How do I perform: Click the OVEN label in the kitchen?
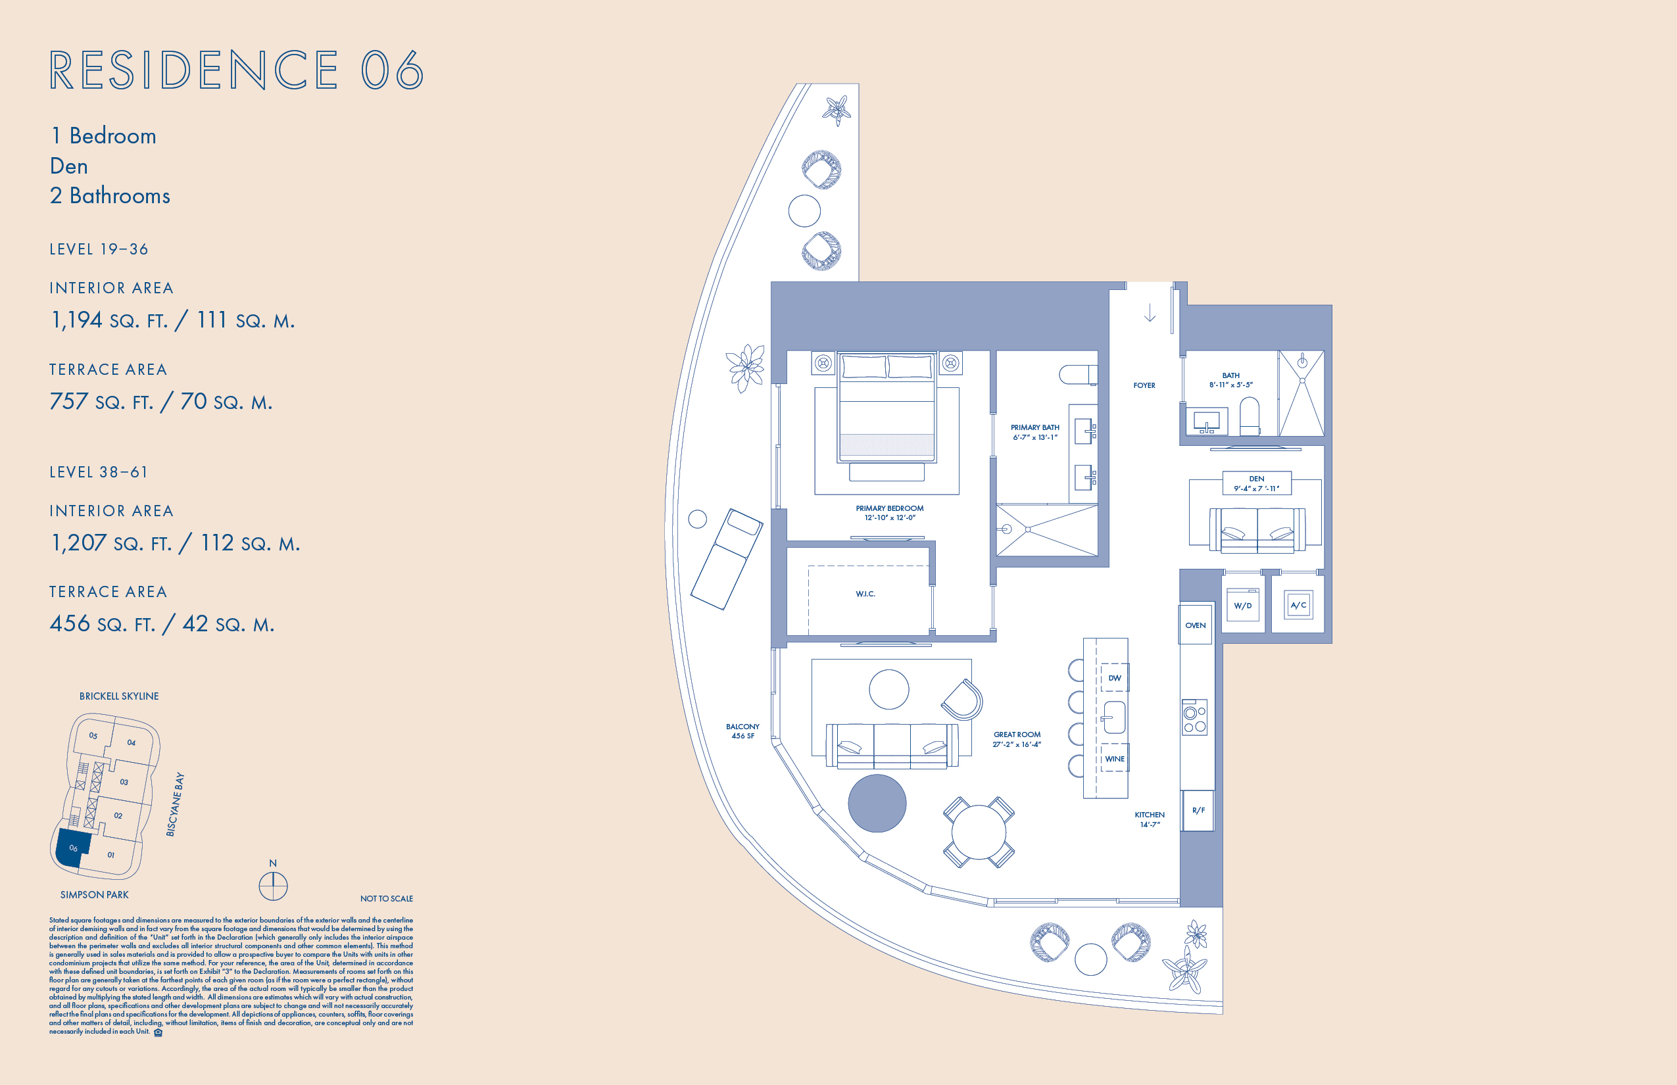(1195, 625)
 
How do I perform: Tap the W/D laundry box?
(1243, 605)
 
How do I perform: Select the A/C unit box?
(1298, 605)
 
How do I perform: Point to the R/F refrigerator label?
(1198, 810)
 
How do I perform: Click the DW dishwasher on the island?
(1115, 678)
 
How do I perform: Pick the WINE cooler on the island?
(1115, 758)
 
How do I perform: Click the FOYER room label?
(1144, 385)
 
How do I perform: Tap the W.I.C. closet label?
(865, 594)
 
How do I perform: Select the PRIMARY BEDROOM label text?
(890, 508)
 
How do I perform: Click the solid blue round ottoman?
(877, 803)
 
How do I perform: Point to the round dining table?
(979, 832)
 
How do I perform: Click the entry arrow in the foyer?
(1150, 313)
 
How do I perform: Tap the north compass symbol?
(274, 886)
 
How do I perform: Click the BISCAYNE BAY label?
(176, 805)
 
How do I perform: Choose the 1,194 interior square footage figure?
(77, 320)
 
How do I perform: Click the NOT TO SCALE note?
(386, 898)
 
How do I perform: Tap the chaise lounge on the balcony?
(727, 560)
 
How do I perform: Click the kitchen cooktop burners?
(1194, 717)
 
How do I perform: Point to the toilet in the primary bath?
(1078, 374)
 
